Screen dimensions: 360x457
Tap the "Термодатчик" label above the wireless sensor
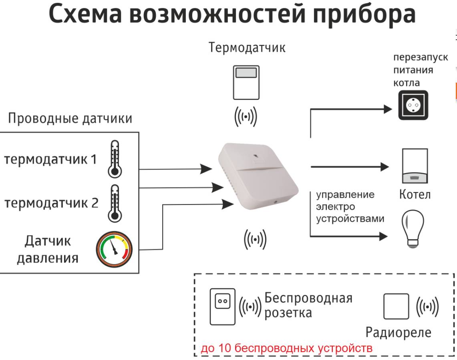coord(247,48)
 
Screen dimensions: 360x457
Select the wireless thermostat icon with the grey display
coord(246,83)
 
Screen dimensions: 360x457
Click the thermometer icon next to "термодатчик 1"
coord(115,159)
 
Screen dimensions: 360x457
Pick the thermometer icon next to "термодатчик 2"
coord(115,203)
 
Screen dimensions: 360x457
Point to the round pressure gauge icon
coord(114,249)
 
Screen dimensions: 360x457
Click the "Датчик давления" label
coord(47,249)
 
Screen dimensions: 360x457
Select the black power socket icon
coord(413,105)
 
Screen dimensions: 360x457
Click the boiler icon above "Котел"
coord(415,166)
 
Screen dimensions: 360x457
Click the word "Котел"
coord(415,195)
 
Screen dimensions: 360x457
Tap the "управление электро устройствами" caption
coord(350,207)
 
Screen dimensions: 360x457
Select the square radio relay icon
coord(396,306)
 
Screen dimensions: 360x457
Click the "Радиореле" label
coord(398,332)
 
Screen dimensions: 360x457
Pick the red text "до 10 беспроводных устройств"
coord(286,348)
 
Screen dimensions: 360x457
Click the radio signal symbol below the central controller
coord(255,240)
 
